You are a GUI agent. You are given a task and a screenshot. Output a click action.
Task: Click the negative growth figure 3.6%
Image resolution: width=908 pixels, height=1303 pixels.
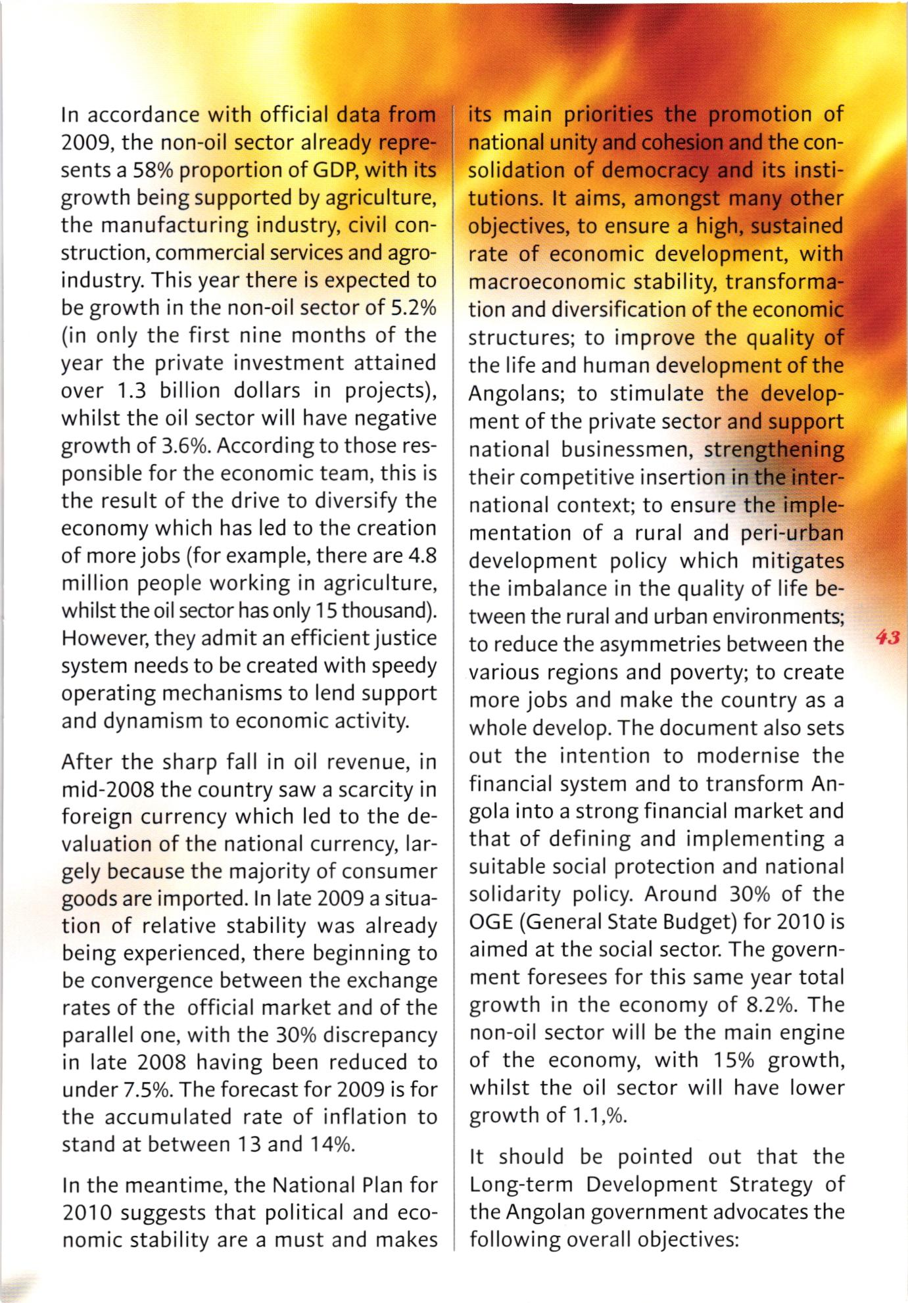click(x=181, y=446)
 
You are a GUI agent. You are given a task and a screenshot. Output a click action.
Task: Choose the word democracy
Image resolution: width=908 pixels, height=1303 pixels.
click(x=655, y=170)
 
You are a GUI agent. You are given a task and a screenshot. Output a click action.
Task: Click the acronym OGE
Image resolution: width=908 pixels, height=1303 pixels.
click(x=492, y=922)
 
